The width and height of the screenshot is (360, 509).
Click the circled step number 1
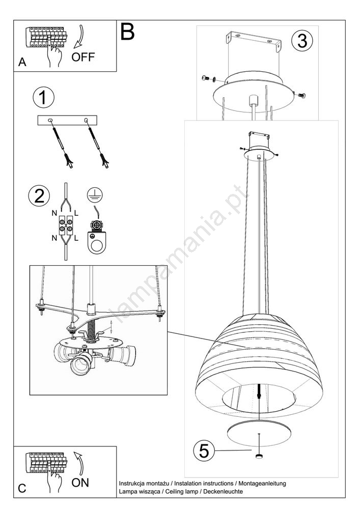(43, 98)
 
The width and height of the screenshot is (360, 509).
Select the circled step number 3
(302, 41)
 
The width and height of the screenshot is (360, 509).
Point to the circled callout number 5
(204, 450)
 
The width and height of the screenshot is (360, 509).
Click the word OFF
(83, 57)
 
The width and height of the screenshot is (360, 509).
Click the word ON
(80, 483)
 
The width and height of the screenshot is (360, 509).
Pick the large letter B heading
(127, 32)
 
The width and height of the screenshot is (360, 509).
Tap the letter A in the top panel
(22, 62)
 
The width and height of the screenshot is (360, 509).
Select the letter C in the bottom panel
(22, 488)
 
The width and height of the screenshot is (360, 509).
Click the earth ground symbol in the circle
(95, 195)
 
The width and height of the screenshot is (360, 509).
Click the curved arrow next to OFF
(79, 37)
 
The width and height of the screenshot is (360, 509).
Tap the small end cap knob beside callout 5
(259, 457)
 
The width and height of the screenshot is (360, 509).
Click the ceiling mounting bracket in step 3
(254, 41)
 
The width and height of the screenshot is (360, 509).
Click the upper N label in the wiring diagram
(54, 213)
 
